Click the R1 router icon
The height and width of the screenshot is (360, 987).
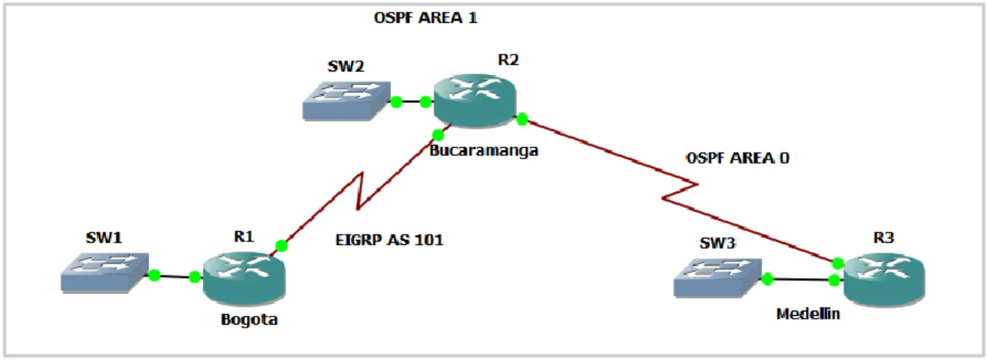click(244, 278)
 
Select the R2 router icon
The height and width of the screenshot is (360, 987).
click(475, 100)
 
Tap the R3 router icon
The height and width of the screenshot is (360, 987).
click(884, 280)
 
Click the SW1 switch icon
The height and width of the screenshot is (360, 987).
click(105, 272)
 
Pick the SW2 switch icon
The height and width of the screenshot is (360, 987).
click(347, 101)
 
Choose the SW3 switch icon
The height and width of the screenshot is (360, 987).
click(718, 278)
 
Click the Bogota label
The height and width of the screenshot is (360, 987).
click(250, 320)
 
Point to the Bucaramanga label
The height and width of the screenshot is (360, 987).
click(484, 151)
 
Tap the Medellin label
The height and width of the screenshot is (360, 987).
click(808, 314)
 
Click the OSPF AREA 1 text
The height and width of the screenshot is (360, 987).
click(425, 18)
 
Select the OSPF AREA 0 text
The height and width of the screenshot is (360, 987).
click(737, 158)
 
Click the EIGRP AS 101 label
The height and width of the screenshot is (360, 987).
click(389, 240)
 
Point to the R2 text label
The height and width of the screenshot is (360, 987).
click(509, 60)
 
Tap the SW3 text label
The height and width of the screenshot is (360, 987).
click(718, 243)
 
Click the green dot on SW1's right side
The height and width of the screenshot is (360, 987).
click(155, 275)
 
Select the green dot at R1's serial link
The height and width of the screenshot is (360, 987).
click(282, 245)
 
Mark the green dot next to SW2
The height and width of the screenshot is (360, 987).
click(396, 102)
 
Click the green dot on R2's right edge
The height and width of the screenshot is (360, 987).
click(522, 119)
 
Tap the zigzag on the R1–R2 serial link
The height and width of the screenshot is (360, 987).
click(361, 191)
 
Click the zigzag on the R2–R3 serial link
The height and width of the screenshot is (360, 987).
click(680, 191)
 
